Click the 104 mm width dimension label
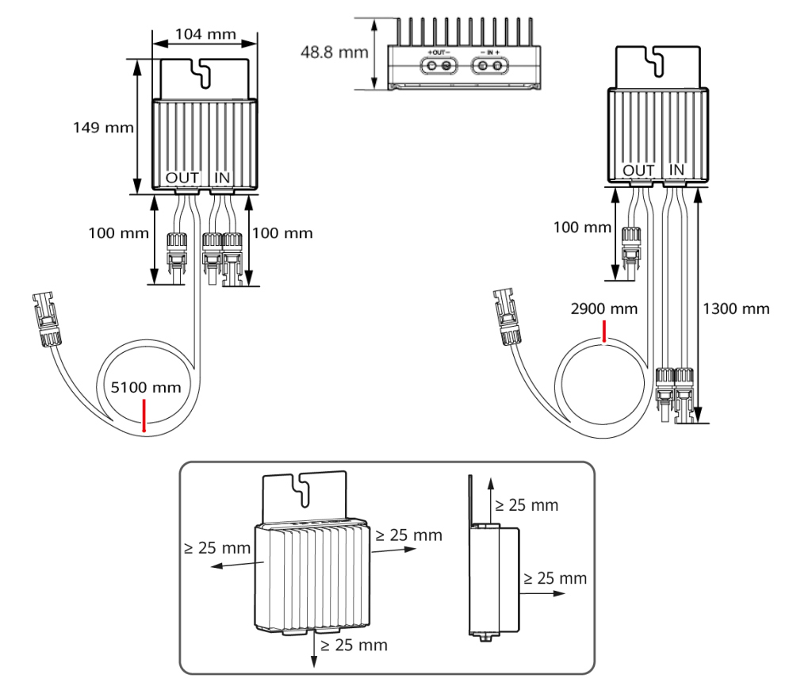(x=205, y=34)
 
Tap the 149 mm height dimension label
(x=103, y=128)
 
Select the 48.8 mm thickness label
(x=335, y=52)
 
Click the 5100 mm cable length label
(x=146, y=388)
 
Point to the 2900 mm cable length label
(x=603, y=309)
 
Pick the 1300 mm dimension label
(x=736, y=309)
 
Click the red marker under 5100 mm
(x=144, y=416)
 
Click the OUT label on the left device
(x=182, y=178)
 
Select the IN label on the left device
(x=222, y=178)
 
